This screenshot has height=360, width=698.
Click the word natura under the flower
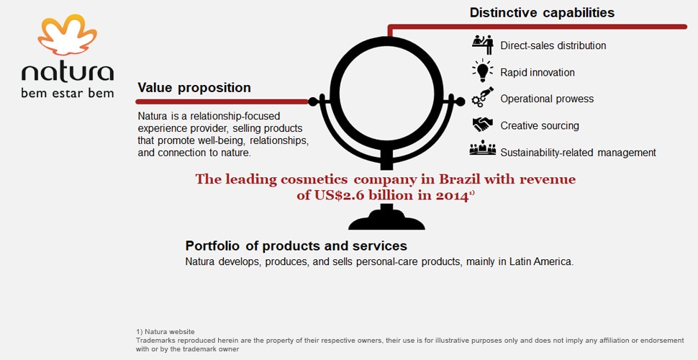coord(68,72)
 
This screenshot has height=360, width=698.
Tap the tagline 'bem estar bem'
coord(67,94)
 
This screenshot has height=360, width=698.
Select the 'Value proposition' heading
coord(194,88)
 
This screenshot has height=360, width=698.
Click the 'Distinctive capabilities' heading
coord(542,12)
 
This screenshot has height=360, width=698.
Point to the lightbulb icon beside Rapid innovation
coord(483,71)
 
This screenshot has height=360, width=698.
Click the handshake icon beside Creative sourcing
coord(483,125)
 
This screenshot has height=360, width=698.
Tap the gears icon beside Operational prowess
coord(483,97)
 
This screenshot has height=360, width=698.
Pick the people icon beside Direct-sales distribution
coord(483,45)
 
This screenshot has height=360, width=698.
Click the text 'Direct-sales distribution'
coord(553,45)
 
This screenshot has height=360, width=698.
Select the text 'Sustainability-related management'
coord(579,153)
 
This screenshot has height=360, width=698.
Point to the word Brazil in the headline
coord(461,179)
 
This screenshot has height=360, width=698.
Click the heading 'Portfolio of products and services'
coord(296,246)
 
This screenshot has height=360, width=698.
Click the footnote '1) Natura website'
coord(166,332)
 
